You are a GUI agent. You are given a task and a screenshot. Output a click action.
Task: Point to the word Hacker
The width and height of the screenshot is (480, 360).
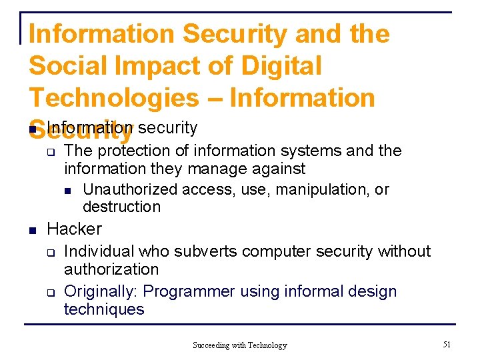point(74,229)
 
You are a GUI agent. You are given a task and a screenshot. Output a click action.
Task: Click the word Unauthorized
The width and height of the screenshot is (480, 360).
point(130,189)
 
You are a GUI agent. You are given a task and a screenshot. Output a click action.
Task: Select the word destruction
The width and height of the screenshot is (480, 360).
point(121,207)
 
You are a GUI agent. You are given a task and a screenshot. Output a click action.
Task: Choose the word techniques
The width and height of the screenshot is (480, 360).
point(103,309)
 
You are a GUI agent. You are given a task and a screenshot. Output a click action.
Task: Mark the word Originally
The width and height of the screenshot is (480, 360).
point(101,291)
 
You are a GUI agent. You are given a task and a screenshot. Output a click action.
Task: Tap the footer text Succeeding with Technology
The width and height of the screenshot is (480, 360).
point(239,345)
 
